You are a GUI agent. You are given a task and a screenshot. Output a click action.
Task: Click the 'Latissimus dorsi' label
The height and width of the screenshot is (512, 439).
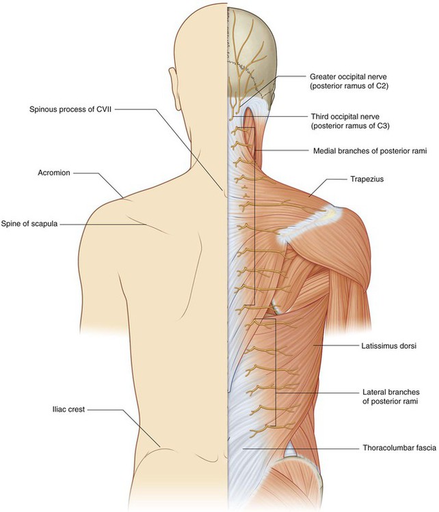[x=388, y=347]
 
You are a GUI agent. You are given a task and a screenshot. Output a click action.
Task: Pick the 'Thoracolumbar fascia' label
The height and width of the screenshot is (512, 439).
[x=396, y=449]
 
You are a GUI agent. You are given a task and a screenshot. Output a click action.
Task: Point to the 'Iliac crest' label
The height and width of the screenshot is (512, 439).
[x=68, y=410]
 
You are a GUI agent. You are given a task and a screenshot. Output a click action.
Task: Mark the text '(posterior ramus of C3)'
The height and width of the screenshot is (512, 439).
[x=351, y=127]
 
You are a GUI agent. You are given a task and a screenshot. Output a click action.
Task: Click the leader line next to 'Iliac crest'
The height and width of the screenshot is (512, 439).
[x=109, y=410]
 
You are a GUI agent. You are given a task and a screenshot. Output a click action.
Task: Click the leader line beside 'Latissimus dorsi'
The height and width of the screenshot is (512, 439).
[x=335, y=347]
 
